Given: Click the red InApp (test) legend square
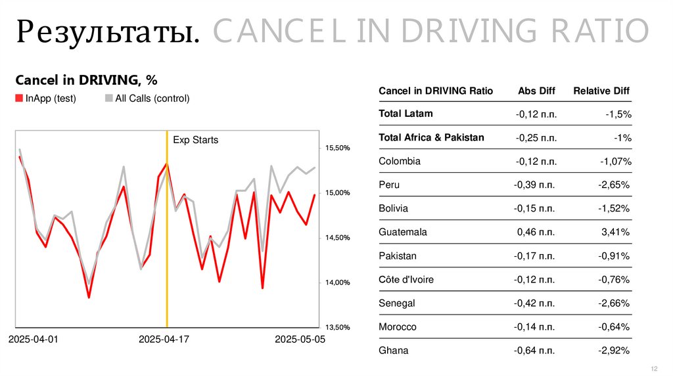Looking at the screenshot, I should point(19,99).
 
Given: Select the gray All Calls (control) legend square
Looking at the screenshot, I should point(108,99).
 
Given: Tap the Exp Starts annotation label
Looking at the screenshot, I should point(195,140).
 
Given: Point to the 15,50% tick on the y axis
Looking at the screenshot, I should point(337,148).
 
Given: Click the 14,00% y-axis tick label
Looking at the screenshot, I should point(337,282).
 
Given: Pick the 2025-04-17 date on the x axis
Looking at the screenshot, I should point(164,340).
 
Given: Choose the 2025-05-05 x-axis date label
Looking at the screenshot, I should point(300,340).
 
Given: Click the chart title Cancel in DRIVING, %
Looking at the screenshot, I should point(86,80).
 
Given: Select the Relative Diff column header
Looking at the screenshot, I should point(601,91).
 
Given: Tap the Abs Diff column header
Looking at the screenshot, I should point(536,91).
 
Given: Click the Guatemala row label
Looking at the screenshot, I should point(403,232).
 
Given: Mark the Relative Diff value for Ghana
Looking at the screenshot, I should point(615,350).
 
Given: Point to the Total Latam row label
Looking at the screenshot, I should point(406,114).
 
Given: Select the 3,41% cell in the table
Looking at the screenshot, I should point(616,232).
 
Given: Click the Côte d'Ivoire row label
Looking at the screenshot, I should point(406,279).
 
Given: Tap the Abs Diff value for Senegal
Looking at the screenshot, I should point(535,303).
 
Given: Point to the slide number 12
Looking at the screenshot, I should point(654,367).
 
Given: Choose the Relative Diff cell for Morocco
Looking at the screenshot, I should point(615,326).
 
